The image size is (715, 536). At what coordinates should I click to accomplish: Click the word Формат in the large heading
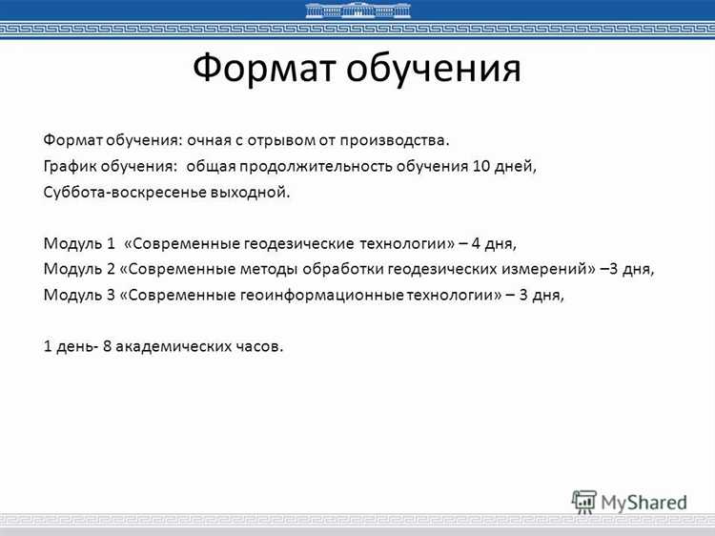tap(264, 69)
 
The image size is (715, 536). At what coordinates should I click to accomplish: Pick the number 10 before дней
tap(480, 166)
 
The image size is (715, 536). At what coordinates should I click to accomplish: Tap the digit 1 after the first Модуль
tap(112, 243)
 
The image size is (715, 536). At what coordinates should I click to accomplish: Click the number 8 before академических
tap(108, 345)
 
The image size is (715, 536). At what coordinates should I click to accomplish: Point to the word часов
tap(259, 345)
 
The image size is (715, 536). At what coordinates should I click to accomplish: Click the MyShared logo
tap(629, 502)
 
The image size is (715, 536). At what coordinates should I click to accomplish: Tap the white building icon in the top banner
tap(357, 10)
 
